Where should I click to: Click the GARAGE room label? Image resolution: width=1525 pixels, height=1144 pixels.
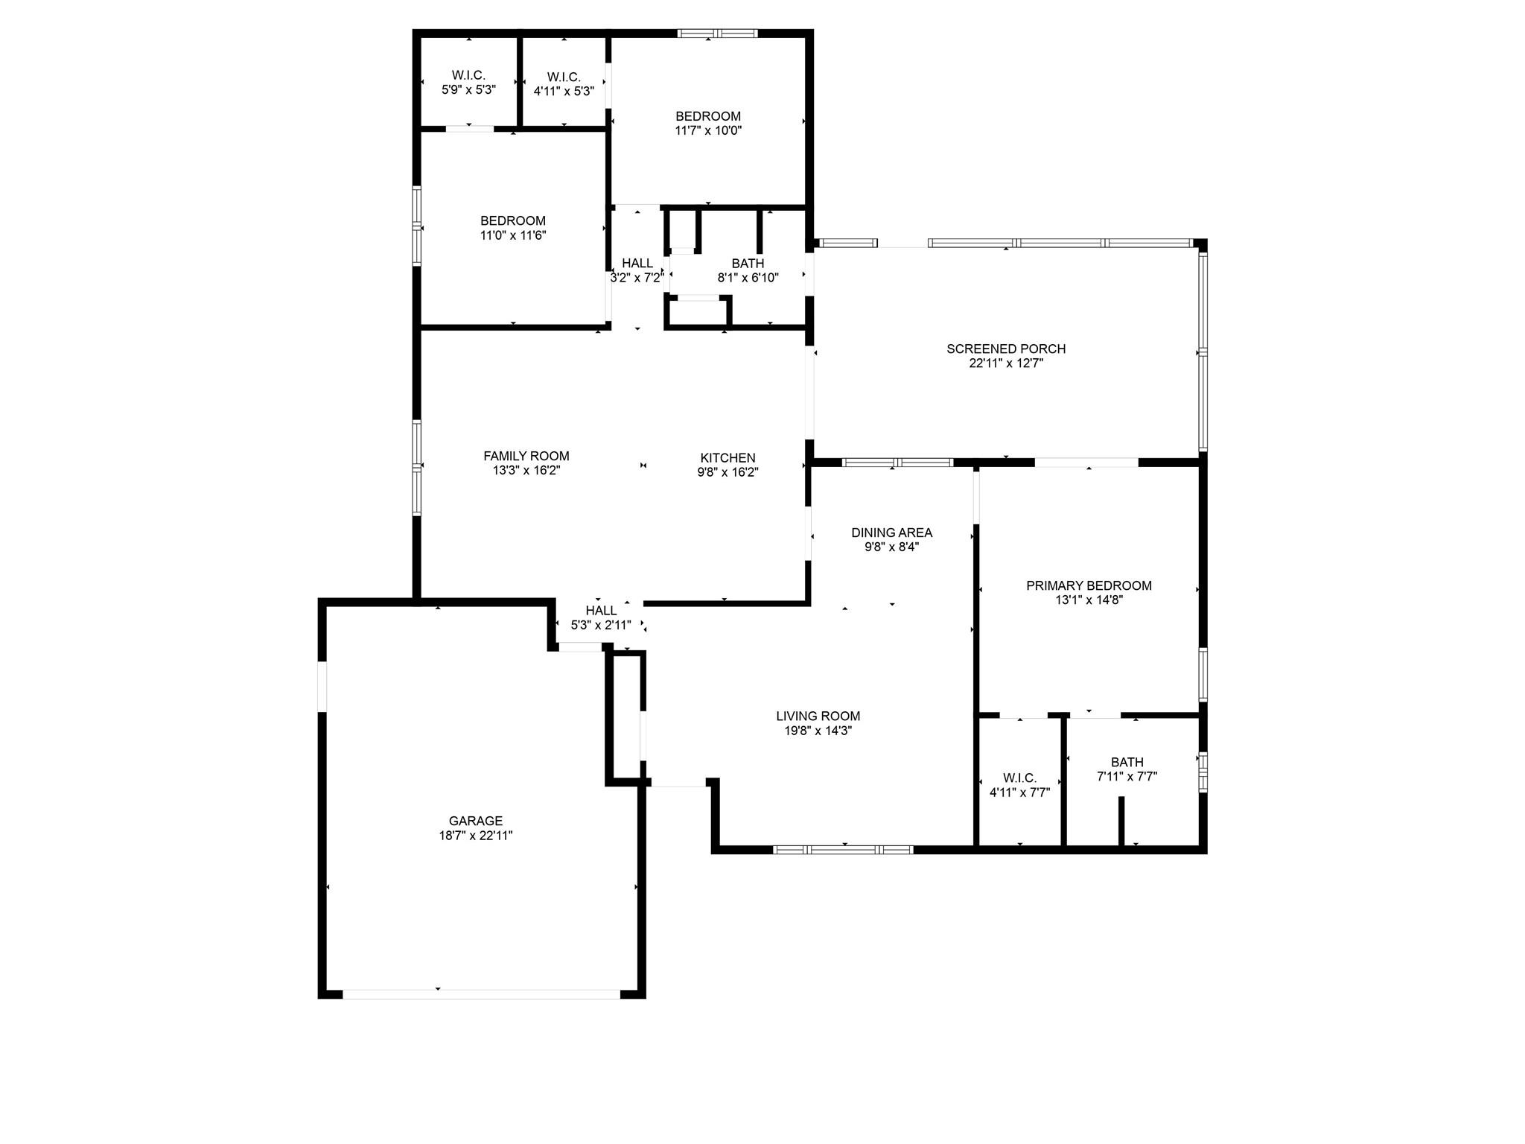point(476,821)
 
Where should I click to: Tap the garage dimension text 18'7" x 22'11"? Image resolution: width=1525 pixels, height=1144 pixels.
point(476,836)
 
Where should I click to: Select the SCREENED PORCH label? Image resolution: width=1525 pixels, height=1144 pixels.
point(1006,349)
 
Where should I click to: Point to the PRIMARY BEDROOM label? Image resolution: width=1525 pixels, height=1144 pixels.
point(1089,585)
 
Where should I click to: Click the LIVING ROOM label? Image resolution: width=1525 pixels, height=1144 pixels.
point(818,716)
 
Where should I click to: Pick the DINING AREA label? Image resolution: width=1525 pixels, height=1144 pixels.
point(892,533)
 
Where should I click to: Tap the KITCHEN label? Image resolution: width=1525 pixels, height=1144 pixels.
point(728,458)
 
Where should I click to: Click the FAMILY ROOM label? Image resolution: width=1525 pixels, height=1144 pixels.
point(526,456)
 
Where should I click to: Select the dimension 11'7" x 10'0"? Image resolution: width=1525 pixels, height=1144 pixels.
point(708,130)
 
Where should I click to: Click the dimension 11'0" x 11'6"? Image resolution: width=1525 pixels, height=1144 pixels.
point(513,235)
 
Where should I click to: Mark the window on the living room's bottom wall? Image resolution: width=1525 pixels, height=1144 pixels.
point(844,849)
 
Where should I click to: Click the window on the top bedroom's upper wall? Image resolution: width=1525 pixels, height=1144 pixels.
point(717,33)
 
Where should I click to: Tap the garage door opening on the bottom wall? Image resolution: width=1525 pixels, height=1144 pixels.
point(481,994)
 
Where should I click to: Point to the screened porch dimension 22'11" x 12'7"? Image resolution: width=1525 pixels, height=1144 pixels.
point(1006,363)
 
